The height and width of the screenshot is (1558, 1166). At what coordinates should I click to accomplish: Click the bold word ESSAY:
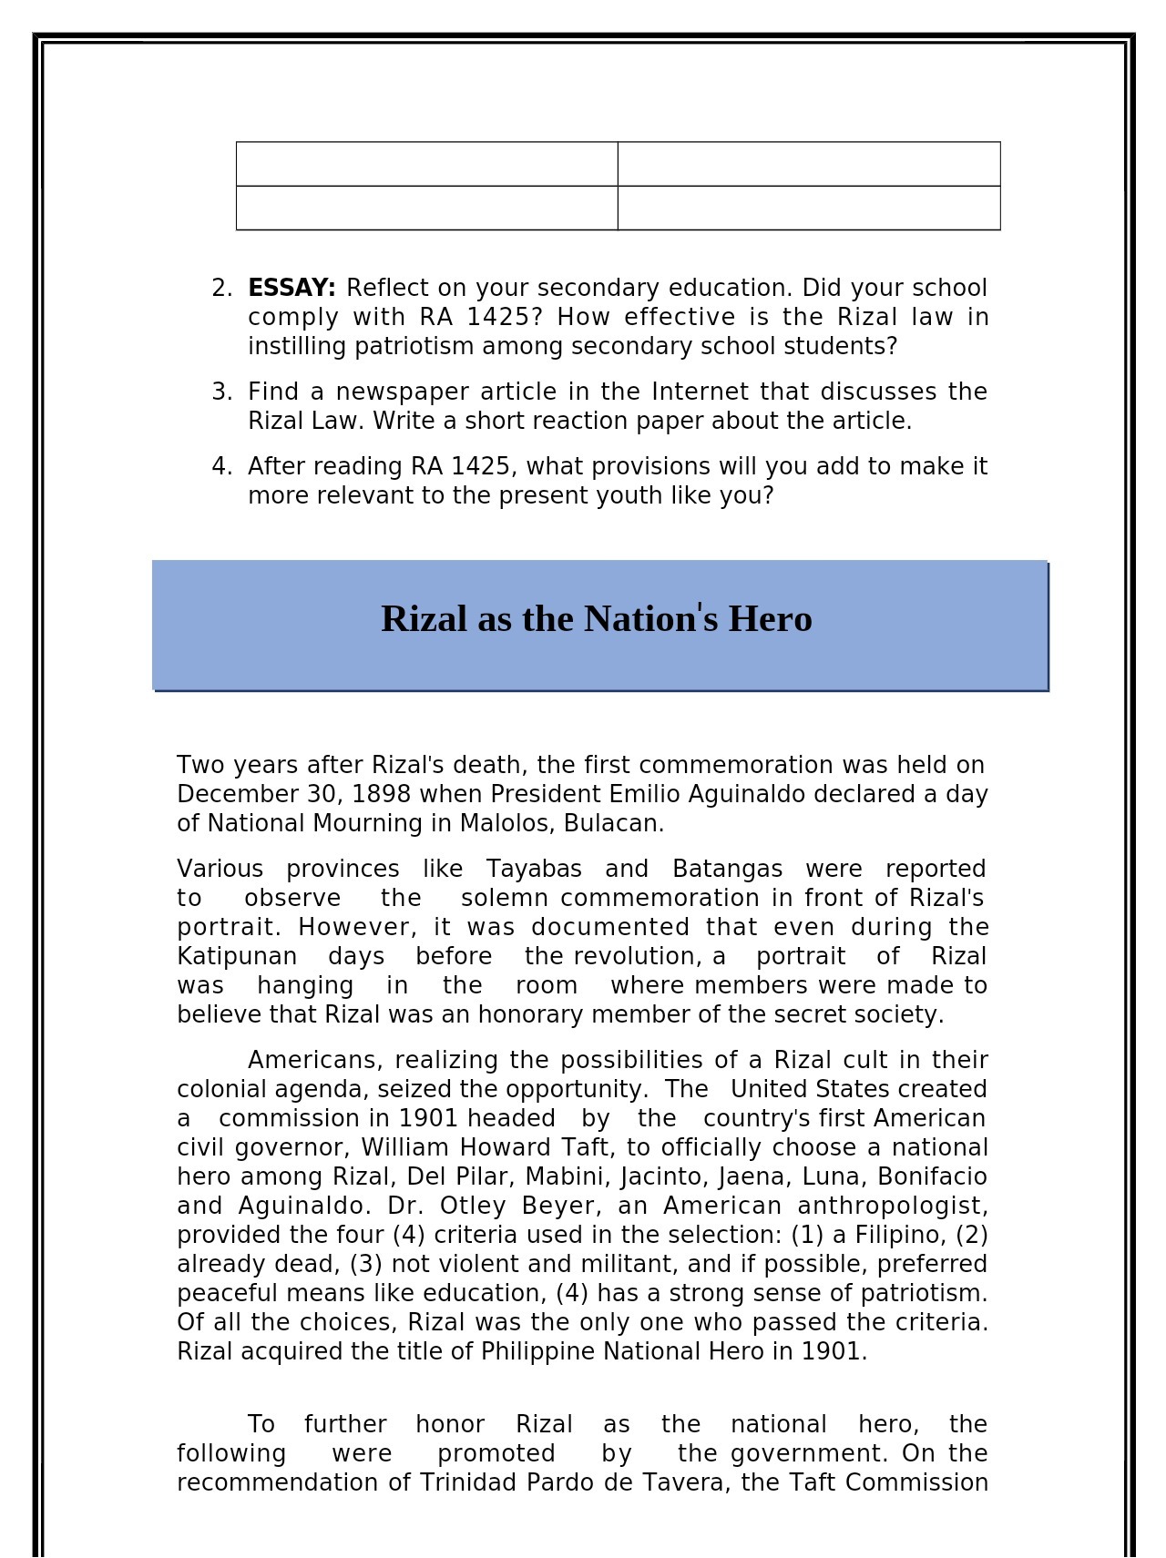(291, 289)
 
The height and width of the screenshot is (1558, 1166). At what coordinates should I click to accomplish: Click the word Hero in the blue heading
(770, 619)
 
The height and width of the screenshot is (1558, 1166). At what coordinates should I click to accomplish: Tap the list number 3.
(221, 392)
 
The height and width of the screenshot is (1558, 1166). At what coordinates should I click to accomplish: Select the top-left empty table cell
(426, 164)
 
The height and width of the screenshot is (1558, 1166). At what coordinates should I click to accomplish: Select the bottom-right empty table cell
(808, 209)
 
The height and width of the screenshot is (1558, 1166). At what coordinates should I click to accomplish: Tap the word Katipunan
(237, 957)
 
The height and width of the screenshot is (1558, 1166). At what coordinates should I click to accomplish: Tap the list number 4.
(221, 467)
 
